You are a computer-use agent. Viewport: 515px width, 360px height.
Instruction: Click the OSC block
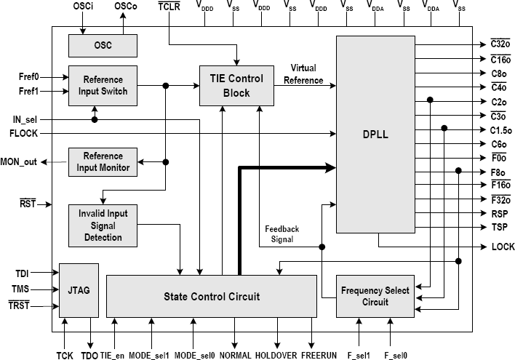coord(103,45)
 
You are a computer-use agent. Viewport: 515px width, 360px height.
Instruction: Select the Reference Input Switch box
coord(103,85)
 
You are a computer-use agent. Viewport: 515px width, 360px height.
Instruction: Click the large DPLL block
coord(374,135)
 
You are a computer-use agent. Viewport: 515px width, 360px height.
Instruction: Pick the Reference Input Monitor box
coord(103,161)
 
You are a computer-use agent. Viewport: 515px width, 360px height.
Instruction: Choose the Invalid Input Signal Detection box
coord(103,223)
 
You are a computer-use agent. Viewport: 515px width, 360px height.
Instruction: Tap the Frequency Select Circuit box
coord(375,296)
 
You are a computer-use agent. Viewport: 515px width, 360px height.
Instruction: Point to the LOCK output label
coord(503,247)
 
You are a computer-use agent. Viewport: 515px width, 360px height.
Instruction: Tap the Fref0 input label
coord(28,76)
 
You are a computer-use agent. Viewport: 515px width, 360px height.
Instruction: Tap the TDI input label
coord(22,274)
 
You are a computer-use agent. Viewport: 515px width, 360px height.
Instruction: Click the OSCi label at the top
coord(82,7)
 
